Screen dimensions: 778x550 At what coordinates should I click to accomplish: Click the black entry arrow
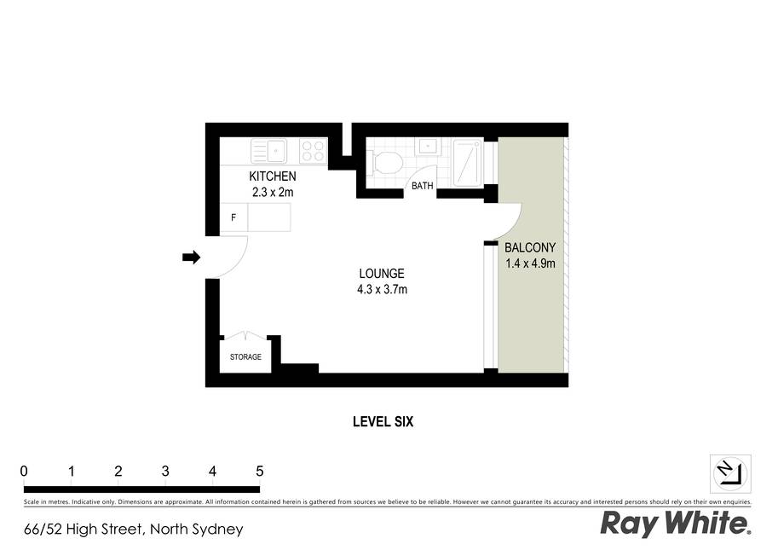(191, 258)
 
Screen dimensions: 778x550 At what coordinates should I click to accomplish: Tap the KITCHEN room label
(273, 177)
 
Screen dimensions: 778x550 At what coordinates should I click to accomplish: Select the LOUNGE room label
(382, 274)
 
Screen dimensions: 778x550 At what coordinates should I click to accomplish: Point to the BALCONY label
(530, 247)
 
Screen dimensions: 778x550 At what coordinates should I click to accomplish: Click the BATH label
(423, 186)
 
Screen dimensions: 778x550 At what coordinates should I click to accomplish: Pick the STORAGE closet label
(245, 357)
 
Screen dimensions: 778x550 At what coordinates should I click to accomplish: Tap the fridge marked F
(233, 217)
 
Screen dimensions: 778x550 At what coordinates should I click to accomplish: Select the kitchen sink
(268, 151)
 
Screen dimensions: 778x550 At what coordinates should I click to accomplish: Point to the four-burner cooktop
(313, 151)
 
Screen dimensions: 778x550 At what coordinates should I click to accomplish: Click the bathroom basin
(427, 146)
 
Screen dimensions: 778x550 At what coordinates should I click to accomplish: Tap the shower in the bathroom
(467, 162)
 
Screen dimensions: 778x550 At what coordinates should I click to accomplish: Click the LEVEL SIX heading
(383, 422)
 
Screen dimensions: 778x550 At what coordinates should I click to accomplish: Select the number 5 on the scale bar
(260, 471)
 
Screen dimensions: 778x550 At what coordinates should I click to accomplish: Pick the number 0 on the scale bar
(24, 471)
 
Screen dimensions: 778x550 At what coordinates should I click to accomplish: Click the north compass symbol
(730, 473)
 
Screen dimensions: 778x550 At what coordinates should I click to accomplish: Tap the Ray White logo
(676, 524)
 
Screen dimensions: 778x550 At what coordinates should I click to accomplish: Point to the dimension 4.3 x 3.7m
(382, 289)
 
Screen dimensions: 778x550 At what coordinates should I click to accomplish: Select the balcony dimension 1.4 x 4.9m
(530, 263)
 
